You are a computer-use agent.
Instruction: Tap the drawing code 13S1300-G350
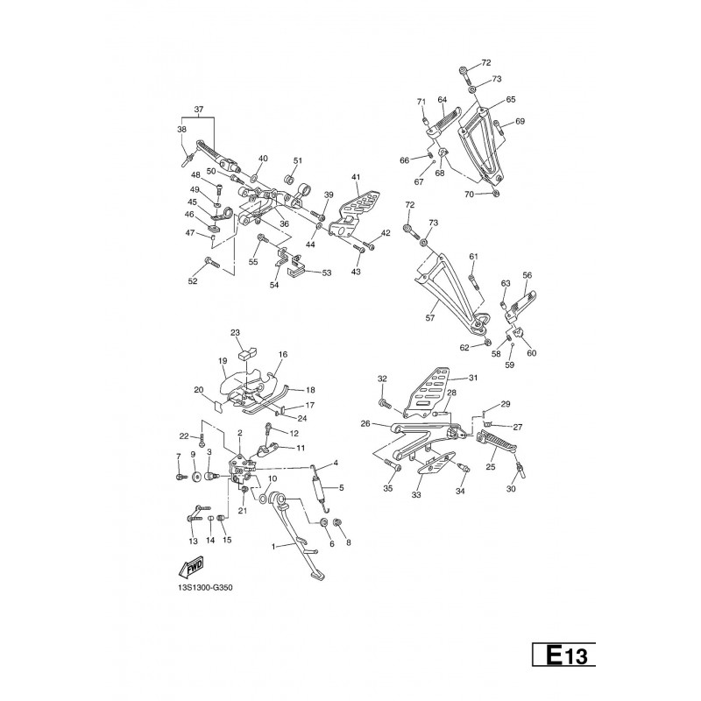205,588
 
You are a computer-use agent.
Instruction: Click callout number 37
199,110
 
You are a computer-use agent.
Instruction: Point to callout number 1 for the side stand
274,546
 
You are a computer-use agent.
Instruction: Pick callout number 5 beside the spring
342,488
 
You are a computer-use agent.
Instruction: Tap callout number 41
356,178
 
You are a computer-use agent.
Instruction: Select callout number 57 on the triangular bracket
430,318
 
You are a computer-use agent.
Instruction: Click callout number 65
511,99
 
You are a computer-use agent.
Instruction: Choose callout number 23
235,333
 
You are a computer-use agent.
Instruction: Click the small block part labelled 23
247,354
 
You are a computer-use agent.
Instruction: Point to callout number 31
473,378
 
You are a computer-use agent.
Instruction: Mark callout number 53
327,273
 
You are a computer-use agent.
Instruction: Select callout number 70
469,195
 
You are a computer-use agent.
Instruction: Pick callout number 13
193,542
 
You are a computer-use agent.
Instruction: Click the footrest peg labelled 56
520,305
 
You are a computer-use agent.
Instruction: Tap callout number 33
416,495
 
